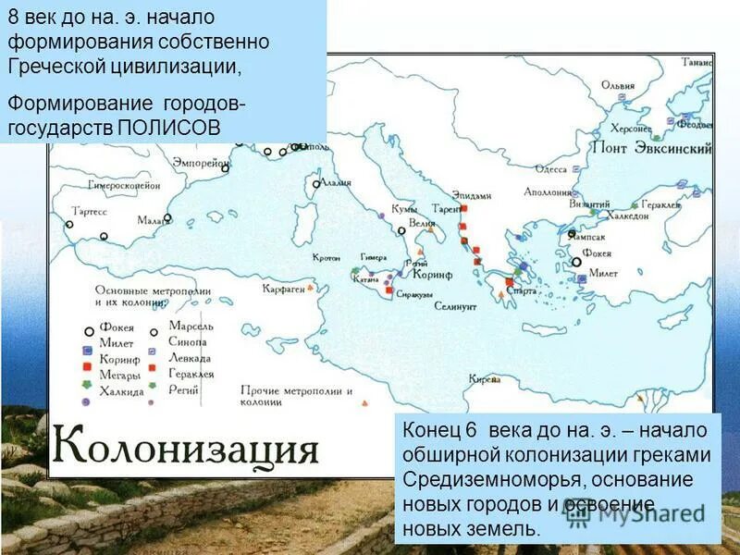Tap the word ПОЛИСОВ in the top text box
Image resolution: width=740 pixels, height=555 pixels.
click(x=169, y=127)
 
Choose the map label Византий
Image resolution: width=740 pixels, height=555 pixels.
click(x=590, y=203)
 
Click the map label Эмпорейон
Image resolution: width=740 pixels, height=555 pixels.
click(x=201, y=162)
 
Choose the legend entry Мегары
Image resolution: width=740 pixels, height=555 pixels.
click(x=122, y=375)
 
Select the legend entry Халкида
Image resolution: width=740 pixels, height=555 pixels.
click(x=123, y=391)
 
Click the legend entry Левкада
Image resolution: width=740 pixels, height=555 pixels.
click(x=190, y=358)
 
